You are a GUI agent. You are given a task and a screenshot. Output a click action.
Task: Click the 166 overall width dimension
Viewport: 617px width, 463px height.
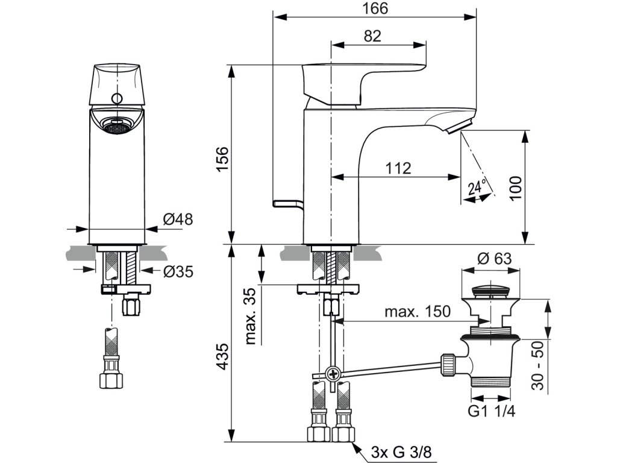click(375, 8)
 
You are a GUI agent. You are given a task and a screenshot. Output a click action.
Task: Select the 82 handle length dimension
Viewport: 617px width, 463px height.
click(372, 36)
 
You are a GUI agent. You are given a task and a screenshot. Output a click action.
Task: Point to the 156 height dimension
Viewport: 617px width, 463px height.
click(223, 159)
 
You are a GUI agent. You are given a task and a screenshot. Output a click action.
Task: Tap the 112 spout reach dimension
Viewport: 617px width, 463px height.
click(398, 168)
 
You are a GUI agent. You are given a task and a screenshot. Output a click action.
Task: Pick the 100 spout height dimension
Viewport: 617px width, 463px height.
click(515, 188)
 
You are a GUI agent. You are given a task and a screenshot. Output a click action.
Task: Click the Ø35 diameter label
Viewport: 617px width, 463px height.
click(178, 271)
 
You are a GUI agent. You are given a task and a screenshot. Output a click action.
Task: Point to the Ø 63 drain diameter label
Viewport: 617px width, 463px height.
click(494, 259)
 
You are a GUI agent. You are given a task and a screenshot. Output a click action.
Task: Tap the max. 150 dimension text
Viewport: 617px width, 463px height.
click(417, 312)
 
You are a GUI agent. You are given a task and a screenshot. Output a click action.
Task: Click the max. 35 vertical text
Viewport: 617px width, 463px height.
click(251, 316)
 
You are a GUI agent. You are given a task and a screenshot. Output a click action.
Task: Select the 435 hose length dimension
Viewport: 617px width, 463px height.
click(223, 356)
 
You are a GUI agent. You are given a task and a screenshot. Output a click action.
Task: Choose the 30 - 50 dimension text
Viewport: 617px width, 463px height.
click(537, 366)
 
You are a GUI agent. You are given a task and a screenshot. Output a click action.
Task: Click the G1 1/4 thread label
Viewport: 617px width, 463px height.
click(492, 411)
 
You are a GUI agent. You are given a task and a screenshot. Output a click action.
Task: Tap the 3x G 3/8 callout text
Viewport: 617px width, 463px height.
click(401, 452)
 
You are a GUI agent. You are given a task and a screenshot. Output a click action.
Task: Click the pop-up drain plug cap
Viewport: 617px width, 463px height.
click(490, 291)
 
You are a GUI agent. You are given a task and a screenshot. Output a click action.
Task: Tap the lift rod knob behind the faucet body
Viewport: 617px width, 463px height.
click(287, 204)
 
